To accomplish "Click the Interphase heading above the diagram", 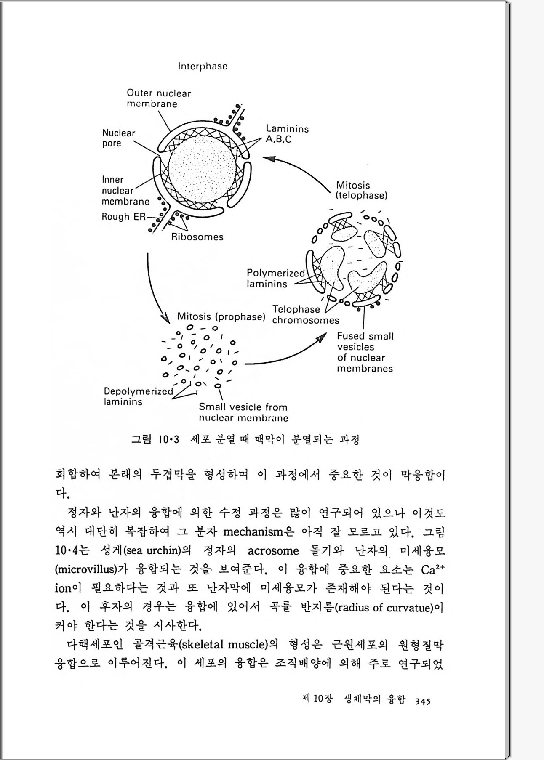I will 203,66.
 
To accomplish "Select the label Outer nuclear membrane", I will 159,98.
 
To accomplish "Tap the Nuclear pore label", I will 118,138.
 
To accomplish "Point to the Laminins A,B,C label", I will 287,134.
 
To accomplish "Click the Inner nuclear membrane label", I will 125,191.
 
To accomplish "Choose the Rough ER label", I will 123,217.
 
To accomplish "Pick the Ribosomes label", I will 197,237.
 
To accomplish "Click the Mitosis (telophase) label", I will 361,190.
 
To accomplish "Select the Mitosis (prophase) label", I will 221,316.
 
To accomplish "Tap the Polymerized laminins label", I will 275,278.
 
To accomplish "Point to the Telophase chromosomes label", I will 305,315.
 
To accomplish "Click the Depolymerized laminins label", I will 138,396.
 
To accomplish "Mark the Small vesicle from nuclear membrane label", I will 243,412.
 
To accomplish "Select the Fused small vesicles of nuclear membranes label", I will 365,352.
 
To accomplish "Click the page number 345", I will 422,701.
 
